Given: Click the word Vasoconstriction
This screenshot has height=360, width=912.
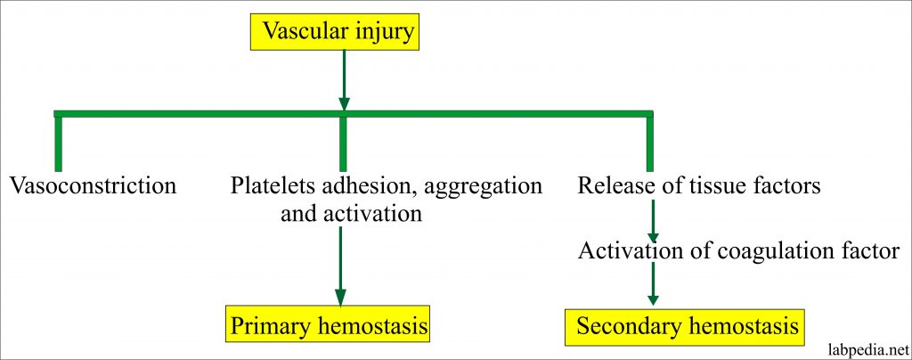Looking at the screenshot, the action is (x=93, y=186).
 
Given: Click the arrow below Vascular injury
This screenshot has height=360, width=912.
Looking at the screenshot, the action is (x=344, y=79).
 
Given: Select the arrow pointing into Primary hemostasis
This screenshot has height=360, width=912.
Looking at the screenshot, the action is (x=340, y=266).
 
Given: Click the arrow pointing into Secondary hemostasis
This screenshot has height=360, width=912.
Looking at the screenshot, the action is (x=653, y=283).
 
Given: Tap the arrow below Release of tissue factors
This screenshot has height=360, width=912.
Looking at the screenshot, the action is (x=653, y=220).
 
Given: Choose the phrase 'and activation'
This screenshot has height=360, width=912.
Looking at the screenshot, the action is (x=351, y=214).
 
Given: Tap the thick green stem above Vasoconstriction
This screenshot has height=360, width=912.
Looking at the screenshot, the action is (x=58, y=143).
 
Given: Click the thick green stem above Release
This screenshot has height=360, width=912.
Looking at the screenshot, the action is (x=649, y=143).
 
